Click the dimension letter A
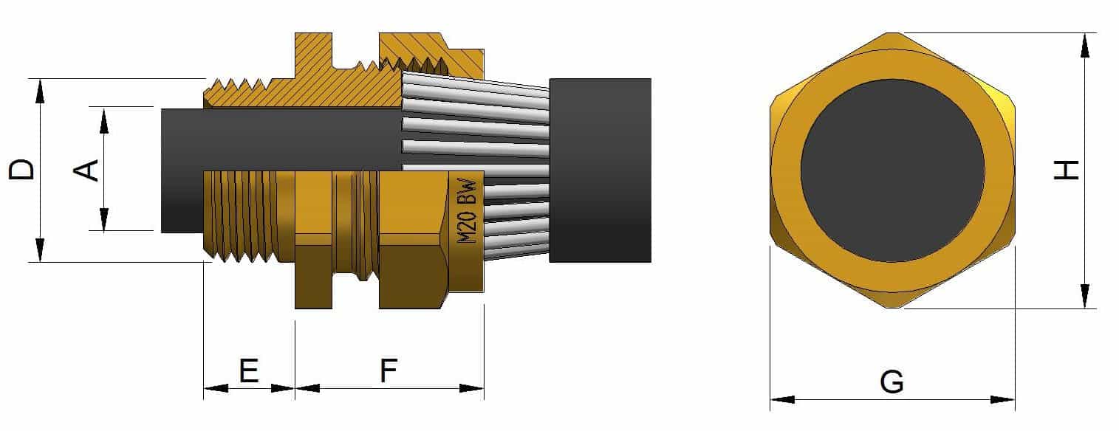pyautogui.click(x=86, y=169)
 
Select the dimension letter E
pyautogui.click(x=249, y=370)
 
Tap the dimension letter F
pyautogui.click(x=389, y=370)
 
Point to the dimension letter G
pyautogui.click(x=892, y=382)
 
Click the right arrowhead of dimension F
pyautogui.click(x=473, y=388)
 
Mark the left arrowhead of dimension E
pyautogui.click(x=214, y=388)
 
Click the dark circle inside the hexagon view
pyautogui.click(x=892, y=170)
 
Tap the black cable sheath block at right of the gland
pyautogui.click(x=600, y=170)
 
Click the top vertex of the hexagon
pyautogui.click(x=892, y=33)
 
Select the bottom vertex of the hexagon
pyautogui.click(x=892, y=308)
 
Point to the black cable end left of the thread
pyautogui.click(x=181, y=170)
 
